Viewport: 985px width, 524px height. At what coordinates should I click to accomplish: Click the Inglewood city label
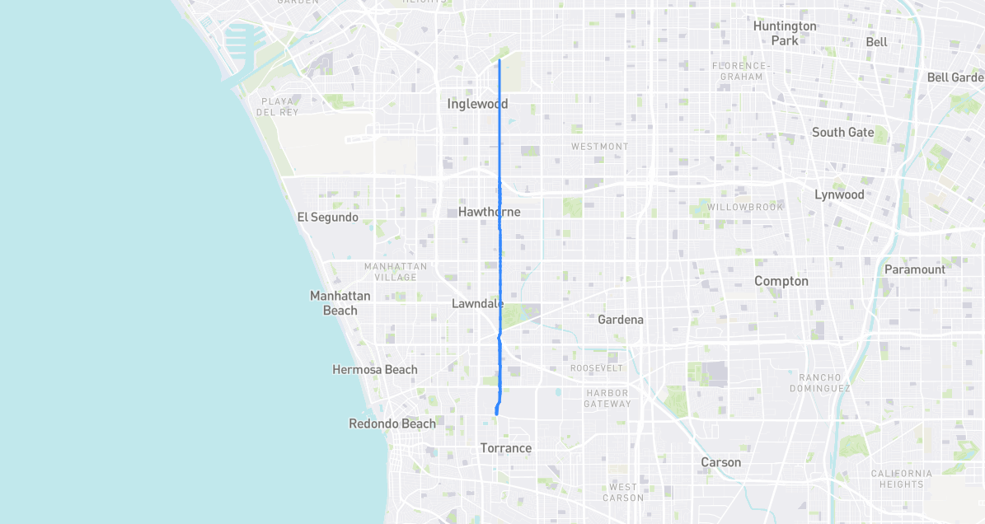pyautogui.click(x=477, y=104)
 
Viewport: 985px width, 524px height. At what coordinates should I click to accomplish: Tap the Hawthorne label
pyautogui.click(x=489, y=212)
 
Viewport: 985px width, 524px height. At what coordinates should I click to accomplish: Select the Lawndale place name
pyautogui.click(x=477, y=303)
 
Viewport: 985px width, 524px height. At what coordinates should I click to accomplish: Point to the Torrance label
pyautogui.click(x=505, y=448)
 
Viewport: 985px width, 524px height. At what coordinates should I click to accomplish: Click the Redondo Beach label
pyautogui.click(x=392, y=423)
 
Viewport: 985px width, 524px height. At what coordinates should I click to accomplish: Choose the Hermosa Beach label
pyautogui.click(x=374, y=370)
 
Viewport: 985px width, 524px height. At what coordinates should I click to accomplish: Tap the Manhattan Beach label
pyautogui.click(x=340, y=303)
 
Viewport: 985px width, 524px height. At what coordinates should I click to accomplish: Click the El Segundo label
pyautogui.click(x=327, y=218)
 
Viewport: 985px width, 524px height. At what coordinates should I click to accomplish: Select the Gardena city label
pyautogui.click(x=620, y=320)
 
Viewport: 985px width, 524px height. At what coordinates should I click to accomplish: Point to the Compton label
pyautogui.click(x=781, y=281)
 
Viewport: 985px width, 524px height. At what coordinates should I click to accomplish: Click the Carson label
pyautogui.click(x=720, y=462)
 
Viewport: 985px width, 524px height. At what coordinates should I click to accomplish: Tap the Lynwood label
pyautogui.click(x=839, y=194)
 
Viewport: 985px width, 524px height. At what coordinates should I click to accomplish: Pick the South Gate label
pyautogui.click(x=842, y=132)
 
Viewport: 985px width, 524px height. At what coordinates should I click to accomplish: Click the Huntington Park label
pyautogui.click(x=785, y=33)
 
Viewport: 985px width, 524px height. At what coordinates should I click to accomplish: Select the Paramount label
pyautogui.click(x=914, y=269)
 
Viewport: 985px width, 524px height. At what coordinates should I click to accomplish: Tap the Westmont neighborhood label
pyautogui.click(x=599, y=147)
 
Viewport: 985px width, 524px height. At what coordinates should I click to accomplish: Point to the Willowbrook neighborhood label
pyautogui.click(x=745, y=207)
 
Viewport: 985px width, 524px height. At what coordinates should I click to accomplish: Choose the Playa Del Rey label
pyautogui.click(x=277, y=107)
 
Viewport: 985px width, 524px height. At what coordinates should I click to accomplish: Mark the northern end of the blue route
pyautogui.click(x=500, y=59)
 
